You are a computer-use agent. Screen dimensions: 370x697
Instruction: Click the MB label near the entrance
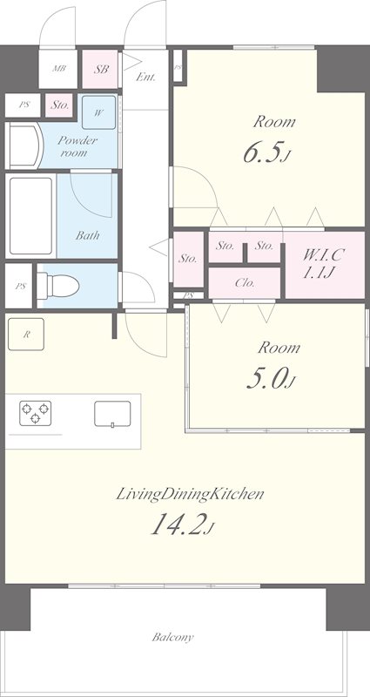click(x=59, y=69)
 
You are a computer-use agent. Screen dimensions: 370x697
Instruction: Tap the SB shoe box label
click(x=101, y=70)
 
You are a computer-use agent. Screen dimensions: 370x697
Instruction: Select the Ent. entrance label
click(x=145, y=77)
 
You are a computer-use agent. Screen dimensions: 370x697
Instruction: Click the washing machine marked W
click(x=98, y=113)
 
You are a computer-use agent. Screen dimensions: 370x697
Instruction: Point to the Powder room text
click(x=77, y=146)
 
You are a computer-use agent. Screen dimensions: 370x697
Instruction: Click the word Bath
click(x=87, y=235)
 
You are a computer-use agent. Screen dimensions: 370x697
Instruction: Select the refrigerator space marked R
click(x=26, y=335)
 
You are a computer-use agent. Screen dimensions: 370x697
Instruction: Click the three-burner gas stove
click(x=35, y=413)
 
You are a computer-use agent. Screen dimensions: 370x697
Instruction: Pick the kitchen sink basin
click(x=112, y=414)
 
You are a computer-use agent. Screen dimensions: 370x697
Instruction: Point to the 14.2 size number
click(x=179, y=525)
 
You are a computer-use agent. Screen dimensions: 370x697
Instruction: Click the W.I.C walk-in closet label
click(x=324, y=255)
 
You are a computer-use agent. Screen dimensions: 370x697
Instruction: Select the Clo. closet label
click(x=245, y=282)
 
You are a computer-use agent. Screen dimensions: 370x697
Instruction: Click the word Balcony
click(x=172, y=638)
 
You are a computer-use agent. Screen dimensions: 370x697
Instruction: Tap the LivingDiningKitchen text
click(x=190, y=494)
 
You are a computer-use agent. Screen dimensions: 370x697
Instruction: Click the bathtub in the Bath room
click(x=30, y=216)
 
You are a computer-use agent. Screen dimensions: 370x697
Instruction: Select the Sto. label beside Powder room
click(x=59, y=105)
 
